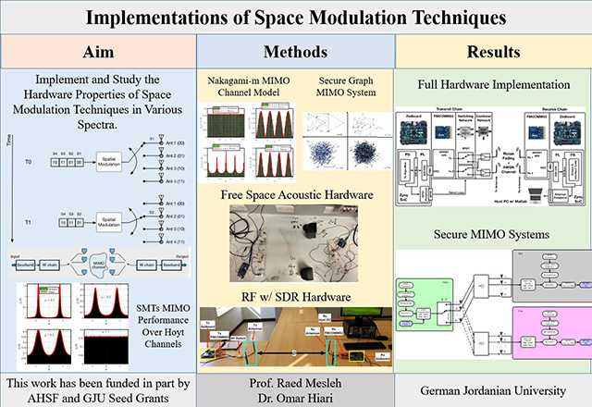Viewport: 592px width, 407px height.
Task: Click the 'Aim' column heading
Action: (98, 49)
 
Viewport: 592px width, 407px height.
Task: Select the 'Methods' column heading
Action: (295, 49)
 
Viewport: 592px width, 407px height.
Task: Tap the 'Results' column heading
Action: (493, 49)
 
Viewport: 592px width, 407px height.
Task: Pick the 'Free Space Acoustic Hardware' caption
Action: (295, 195)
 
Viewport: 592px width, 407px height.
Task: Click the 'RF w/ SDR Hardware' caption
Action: (295, 296)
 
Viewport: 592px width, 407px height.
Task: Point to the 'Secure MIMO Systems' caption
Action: (493, 234)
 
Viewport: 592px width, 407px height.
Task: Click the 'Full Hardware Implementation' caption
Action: (493, 85)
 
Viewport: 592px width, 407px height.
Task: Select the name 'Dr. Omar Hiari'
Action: (295, 395)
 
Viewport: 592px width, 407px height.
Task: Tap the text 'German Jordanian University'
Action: (493, 387)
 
